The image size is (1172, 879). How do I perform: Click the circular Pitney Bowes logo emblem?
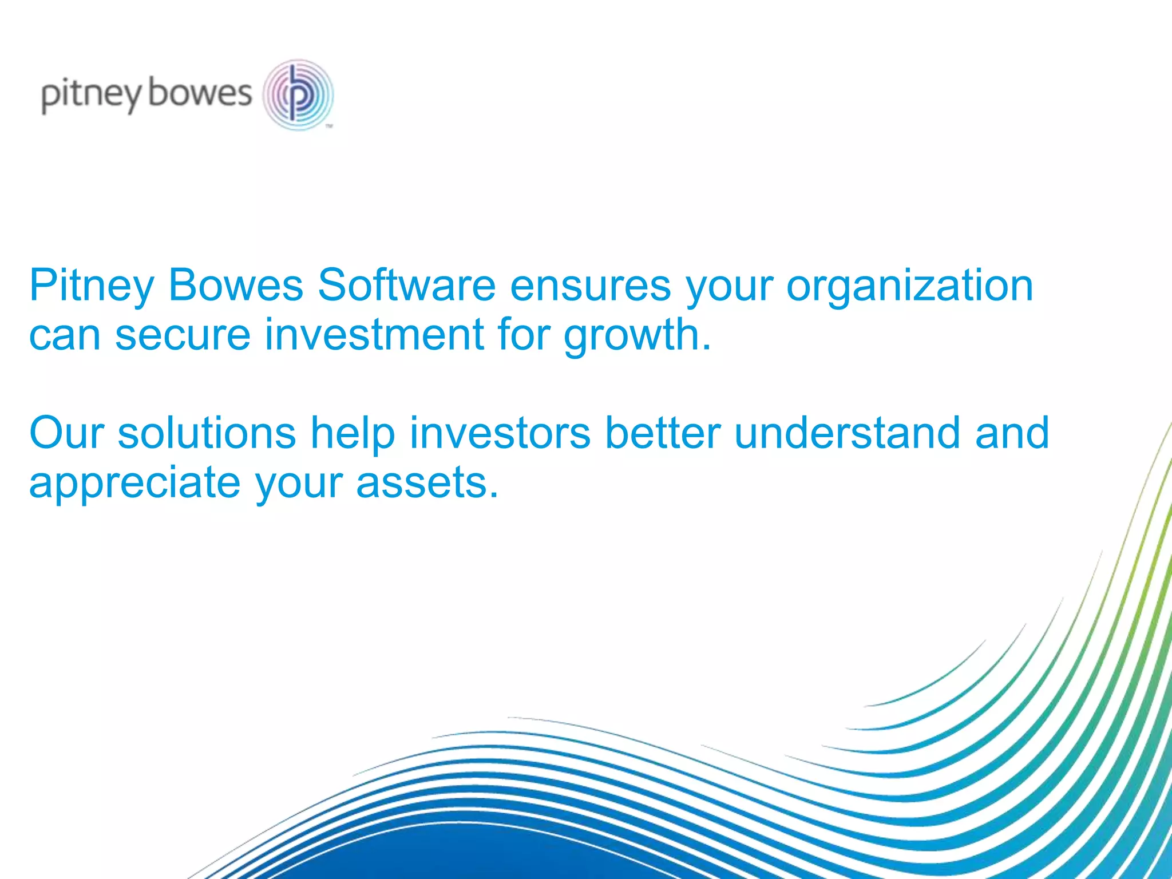298,94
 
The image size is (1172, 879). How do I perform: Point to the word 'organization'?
909,286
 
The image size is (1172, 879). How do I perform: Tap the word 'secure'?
183,334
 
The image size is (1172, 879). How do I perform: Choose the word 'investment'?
374,334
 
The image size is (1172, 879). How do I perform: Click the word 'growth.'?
638,335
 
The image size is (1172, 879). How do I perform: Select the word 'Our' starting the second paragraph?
66,433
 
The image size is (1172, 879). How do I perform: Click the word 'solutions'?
207,433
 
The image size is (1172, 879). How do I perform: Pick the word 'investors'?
500,433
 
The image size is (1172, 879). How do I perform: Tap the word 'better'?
662,433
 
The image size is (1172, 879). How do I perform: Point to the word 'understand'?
847,433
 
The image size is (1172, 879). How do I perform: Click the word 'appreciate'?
134,483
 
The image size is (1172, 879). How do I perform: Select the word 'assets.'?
427,483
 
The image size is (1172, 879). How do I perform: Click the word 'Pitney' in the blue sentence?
92,286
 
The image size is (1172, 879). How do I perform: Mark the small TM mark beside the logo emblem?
329,126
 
